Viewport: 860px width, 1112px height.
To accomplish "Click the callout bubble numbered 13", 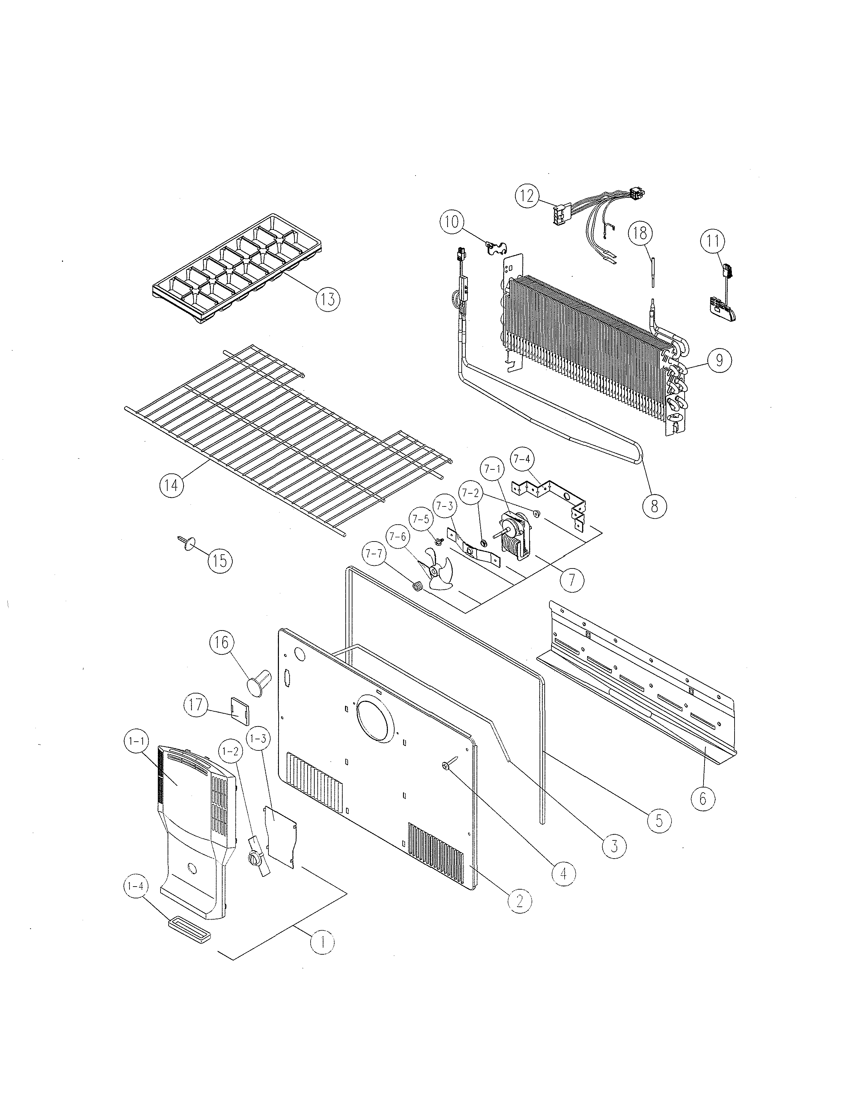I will point(327,299).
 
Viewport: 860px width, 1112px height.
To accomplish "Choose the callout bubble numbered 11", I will point(713,241).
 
